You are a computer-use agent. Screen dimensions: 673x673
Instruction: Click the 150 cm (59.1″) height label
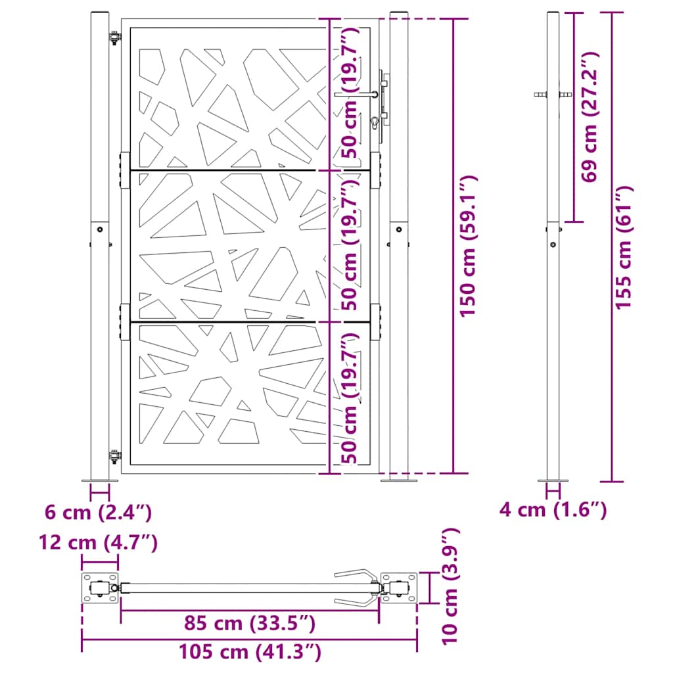[x=468, y=246]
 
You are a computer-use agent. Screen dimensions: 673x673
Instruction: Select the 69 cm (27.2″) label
[x=590, y=117]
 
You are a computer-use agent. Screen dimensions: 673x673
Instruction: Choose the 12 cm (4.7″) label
[x=98, y=543]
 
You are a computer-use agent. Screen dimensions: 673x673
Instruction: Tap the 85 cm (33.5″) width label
[x=249, y=622]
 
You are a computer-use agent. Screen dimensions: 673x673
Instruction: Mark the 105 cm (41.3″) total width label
[x=249, y=653]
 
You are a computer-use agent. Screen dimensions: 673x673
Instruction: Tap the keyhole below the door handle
[x=375, y=122]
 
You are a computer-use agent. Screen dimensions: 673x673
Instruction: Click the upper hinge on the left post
[x=115, y=39]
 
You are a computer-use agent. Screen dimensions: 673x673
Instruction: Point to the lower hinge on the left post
[x=115, y=454]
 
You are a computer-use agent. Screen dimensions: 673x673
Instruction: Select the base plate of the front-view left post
[x=100, y=480]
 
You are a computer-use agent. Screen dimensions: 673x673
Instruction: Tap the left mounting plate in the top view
[x=99, y=588]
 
